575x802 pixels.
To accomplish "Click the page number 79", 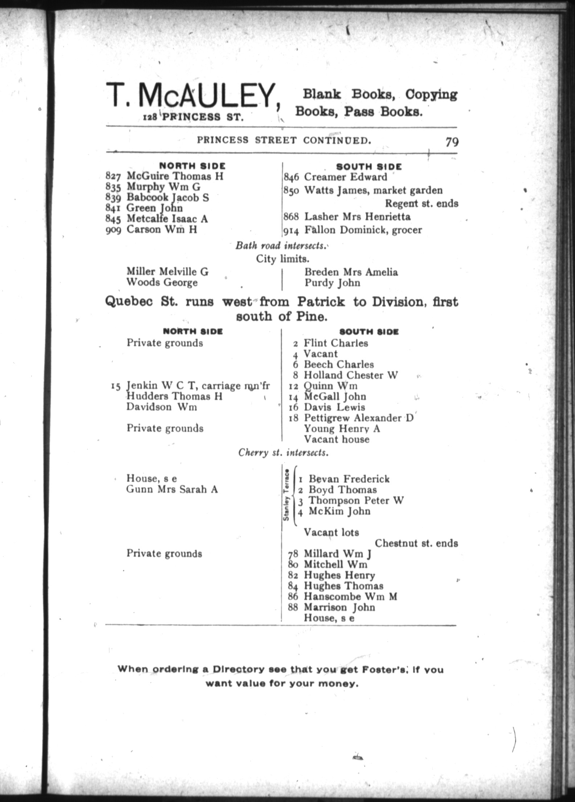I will (452, 142).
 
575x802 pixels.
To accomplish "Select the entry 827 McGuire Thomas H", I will (164, 176).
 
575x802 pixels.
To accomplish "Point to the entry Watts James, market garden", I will (373, 190).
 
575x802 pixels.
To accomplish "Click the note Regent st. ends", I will (421, 203).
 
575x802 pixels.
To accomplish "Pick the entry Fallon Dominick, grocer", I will (363, 230).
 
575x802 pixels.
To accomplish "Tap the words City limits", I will (282, 259).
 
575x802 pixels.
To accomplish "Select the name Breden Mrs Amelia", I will (351, 272).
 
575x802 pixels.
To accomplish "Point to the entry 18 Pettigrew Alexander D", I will (351, 418).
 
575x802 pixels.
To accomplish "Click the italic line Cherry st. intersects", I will (283, 453).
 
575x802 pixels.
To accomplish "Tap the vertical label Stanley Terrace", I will (286, 495).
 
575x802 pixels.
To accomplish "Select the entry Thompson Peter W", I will (356, 501).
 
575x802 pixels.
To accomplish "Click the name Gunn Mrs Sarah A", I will (172, 489).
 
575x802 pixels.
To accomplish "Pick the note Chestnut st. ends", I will (416, 543).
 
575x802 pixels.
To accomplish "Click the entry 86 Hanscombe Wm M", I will (342, 596).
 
